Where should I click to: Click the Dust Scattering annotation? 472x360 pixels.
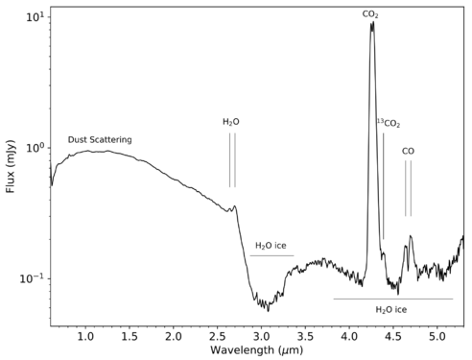(x=100, y=139)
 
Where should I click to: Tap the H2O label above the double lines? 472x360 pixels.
(x=231, y=122)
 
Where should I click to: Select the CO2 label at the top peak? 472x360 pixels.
(x=371, y=14)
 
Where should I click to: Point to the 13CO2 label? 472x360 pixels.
(x=388, y=123)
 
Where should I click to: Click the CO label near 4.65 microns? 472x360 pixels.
(x=408, y=151)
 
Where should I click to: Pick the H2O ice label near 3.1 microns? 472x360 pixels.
(x=271, y=247)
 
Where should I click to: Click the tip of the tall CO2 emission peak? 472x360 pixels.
(x=372, y=22)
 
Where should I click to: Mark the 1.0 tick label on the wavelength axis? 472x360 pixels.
(x=85, y=337)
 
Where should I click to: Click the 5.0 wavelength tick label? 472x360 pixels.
(x=437, y=337)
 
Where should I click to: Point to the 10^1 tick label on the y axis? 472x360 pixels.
(x=33, y=17)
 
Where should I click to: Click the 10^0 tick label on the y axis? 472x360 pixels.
(x=33, y=148)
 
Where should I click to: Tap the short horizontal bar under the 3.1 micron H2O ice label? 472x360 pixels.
(x=271, y=255)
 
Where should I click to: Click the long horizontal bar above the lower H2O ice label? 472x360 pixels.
(x=392, y=299)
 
